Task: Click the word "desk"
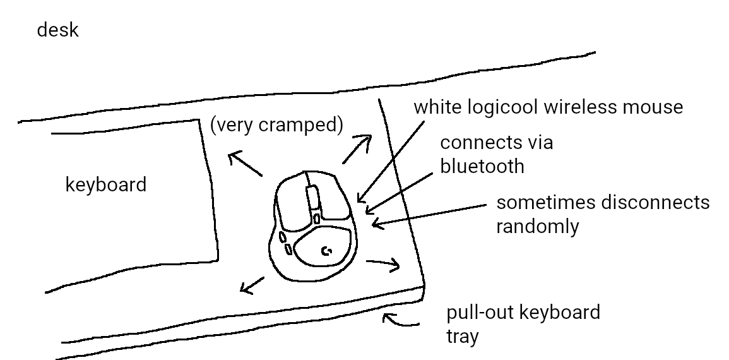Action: (x=57, y=30)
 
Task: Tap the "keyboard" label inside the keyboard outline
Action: (x=106, y=185)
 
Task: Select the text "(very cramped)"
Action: (x=276, y=126)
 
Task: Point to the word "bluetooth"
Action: (x=482, y=166)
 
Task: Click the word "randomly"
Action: (x=537, y=226)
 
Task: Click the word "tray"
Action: (x=462, y=337)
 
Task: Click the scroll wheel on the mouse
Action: (x=312, y=196)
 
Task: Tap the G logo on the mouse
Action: (x=327, y=251)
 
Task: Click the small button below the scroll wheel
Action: (x=316, y=219)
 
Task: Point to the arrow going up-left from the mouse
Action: (x=244, y=164)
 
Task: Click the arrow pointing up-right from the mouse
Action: (x=357, y=148)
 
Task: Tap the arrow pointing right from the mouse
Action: (x=384, y=263)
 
